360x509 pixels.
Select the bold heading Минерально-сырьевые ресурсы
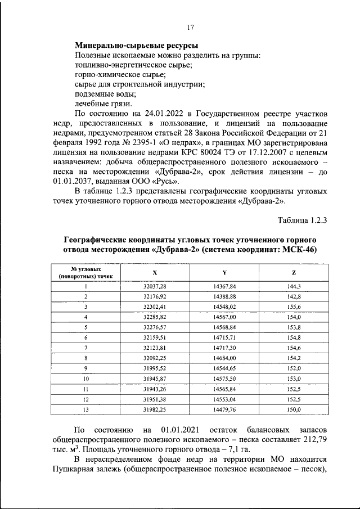click(136, 46)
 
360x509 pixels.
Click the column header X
click(155, 273)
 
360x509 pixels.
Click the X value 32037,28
click(155, 286)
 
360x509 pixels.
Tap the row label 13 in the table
click(86, 410)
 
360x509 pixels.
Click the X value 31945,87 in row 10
click(155, 379)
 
